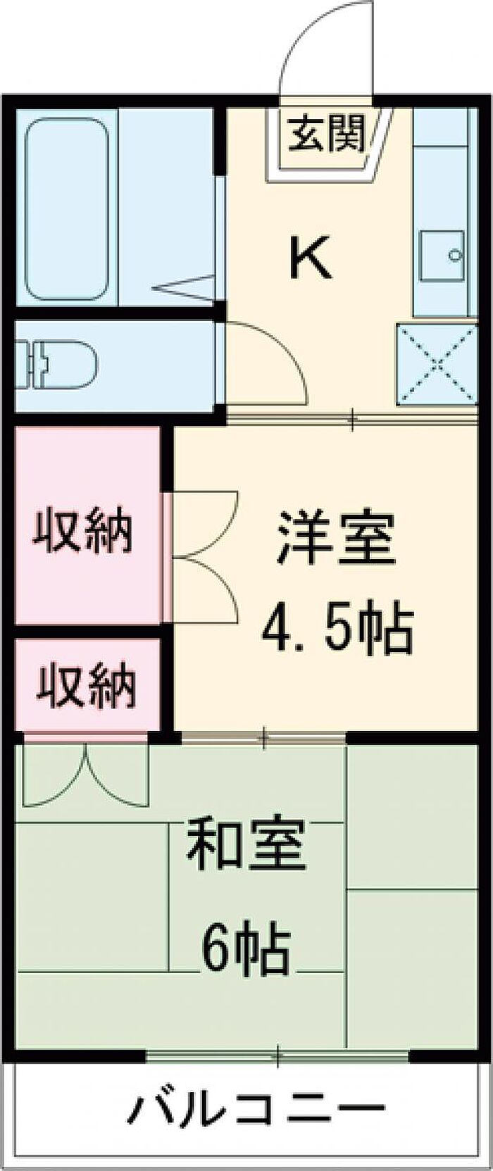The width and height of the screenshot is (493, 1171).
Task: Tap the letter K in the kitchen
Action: pyautogui.click(x=310, y=258)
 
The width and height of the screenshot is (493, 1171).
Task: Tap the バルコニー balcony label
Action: pyautogui.click(x=257, y=1110)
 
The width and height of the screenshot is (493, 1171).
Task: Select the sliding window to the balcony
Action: pyautogui.click(x=278, y=1054)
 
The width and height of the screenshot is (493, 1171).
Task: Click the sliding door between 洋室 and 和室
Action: pyautogui.click(x=263, y=737)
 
